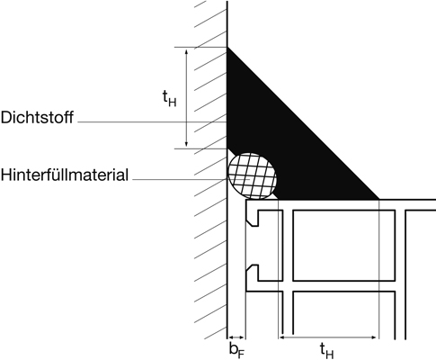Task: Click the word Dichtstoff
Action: (x=37, y=117)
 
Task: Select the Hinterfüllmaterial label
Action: (x=65, y=175)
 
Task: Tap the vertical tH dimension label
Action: (x=169, y=98)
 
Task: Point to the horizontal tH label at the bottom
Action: (x=326, y=351)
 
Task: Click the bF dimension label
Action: (x=236, y=350)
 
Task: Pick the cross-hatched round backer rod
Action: (x=252, y=176)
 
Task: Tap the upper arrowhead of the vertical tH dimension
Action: (x=187, y=51)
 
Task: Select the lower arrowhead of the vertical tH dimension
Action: (x=187, y=144)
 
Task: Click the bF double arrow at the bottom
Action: (x=236, y=337)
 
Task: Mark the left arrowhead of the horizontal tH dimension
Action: (x=282, y=337)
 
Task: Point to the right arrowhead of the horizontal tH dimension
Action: (x=374, y=337)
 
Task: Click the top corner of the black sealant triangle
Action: (x=227, y=48)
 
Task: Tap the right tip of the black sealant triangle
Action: (x=378, y=199)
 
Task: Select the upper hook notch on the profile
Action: (x=253, y=218)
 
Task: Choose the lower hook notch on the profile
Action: (x=253, y=273)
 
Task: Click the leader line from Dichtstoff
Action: (x=152, y=122)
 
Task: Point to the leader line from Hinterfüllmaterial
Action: (x=180, y=179)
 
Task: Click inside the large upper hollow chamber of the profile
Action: (x=343, y=246)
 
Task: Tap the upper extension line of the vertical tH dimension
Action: (x=200, y=47)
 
